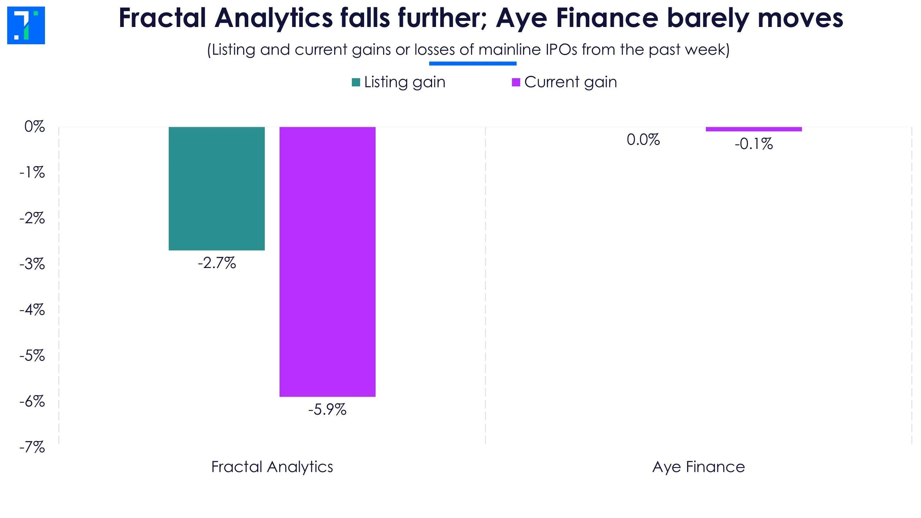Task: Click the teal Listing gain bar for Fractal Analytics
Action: click(x=217, y=188)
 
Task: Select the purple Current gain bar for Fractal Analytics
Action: click(x=327, y=262)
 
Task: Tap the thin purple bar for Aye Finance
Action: click(x=754, y=129)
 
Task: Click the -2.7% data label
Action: click(x=217, y=263)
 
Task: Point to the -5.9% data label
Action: click(x=327, y=410)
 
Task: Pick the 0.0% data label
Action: click(x=643, y=140)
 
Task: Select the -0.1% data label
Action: click(x=754, y=144)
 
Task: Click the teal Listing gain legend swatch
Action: click(x=356, y=82)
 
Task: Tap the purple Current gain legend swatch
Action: click(x=516, y=82)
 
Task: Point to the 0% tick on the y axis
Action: click(x=35, y=127)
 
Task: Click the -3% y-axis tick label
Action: click(x=32, y=264)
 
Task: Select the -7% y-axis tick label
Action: click(x=32, y=447)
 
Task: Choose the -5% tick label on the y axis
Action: click(x=32, y=356)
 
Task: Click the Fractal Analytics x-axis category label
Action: click(x=272, y=467)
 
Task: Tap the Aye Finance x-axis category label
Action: click(x=699, y=467)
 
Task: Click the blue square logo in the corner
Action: click(x=26, y=26)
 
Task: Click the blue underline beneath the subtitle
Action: click(x=473, y=64)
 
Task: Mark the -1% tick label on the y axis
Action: click(x=32, y=173)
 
